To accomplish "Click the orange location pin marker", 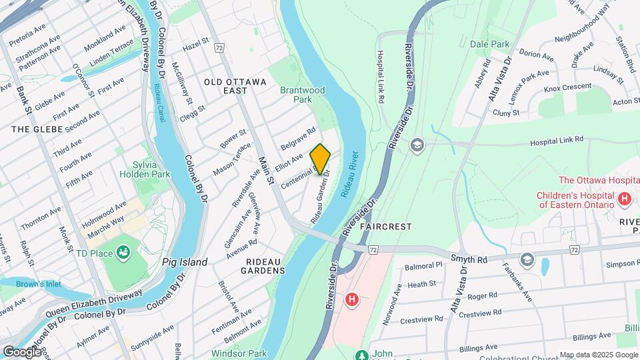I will point(320,159).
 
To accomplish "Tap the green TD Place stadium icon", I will point(123,253).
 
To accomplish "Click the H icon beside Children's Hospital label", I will point(625,199).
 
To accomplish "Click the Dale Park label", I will point(489,44).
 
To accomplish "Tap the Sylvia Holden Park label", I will point(145,169).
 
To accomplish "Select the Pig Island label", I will point(185,262).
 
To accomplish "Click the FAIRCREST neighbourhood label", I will point(386,227).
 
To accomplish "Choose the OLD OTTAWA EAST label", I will point(235,81).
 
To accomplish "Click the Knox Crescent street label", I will point(567,87).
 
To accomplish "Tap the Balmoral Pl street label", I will point(425,265).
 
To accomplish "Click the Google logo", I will point(22,351).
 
